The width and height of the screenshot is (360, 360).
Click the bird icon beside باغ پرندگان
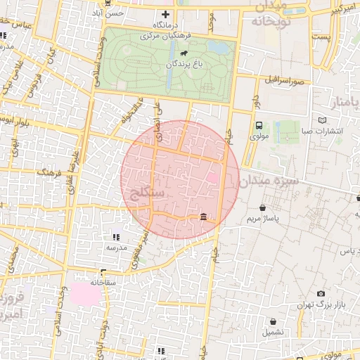[184, 53]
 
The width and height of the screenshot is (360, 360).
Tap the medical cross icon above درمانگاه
[166, 14]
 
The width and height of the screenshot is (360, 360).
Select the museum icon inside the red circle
[203, 217]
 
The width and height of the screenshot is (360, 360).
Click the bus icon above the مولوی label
[259, 125]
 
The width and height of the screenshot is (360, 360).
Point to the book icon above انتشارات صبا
[323, 121]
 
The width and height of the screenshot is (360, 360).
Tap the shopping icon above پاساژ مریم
[263, 208]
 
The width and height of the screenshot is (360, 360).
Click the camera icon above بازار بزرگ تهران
[321, 293]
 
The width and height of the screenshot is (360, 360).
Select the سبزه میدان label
[269, 181]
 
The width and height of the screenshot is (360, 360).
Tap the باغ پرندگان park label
[184, 64]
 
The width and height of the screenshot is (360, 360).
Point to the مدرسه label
[116, 247]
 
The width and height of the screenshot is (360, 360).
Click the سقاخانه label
[103, 282]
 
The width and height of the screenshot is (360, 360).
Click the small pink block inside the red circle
[212, 179]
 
